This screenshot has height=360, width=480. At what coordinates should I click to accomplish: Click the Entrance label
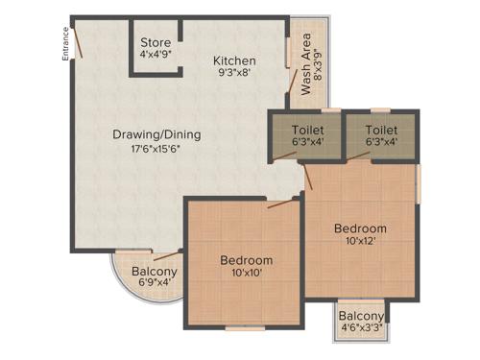(x=66, y=45)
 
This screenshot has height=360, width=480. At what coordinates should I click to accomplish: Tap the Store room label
(x=156, y=43)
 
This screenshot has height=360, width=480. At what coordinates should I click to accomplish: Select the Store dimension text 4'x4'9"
(x=156, y=56)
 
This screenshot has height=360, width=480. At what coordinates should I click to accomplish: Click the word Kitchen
(x=234, y=60)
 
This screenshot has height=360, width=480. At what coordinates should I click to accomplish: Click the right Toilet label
(x=382, y=130)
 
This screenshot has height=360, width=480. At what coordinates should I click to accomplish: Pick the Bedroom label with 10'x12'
(x=360, y=228)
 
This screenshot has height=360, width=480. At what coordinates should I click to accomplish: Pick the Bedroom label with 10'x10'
(x=246, y=260)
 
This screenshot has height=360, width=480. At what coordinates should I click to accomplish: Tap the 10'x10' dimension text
(x=246, y=274)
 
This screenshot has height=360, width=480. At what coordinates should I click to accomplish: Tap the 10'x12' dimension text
(x=360, y=242)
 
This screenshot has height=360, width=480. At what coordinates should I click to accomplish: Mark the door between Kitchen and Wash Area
(x=289, y=52)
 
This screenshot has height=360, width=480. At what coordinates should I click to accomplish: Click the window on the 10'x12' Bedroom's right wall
(x=419, y=182)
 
